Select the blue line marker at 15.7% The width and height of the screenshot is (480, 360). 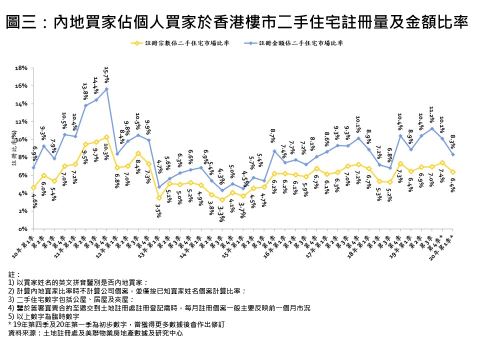tap(106, 89)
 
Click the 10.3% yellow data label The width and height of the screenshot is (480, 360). tap(106, 150)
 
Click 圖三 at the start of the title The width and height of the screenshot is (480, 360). tap(20, 22)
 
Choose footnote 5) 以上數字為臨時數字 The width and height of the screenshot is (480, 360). tap(44, 316)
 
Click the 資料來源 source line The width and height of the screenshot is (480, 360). tap(93, 333)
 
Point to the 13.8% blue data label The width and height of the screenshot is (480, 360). tap(84, 92)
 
